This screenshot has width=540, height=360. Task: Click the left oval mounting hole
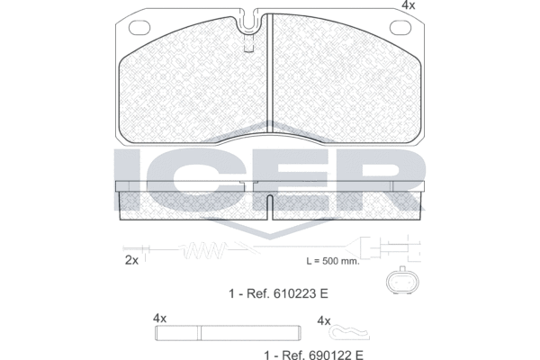139,28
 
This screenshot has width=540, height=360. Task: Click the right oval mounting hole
400,28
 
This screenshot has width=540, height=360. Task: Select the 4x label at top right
409,5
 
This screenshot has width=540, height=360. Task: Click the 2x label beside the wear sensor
131,260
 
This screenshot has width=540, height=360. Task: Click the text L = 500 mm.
333,261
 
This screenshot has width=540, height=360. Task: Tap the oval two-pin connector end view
402,281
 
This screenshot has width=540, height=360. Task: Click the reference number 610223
295,293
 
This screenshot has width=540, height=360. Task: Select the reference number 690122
330,355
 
